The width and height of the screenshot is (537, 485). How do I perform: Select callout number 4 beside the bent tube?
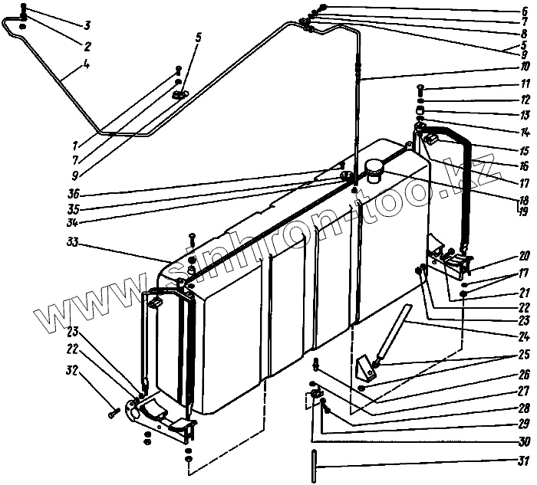(87, 65)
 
